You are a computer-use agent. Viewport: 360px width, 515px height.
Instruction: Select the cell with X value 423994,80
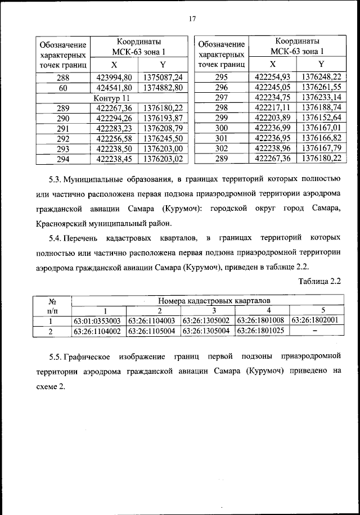click(x=114, y=78)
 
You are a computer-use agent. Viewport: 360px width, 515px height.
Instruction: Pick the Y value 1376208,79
click(x=163, y=128)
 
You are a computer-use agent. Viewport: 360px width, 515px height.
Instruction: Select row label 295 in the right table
click(x=221, y=78)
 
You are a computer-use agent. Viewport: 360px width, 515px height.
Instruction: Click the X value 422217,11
click(x=272, y=108)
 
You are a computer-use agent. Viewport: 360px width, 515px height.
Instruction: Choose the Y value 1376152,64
click(x=321, y=118)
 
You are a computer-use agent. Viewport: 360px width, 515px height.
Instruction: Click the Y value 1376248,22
click(x=321, y=78)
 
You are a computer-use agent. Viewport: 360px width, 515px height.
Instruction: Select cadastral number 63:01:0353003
click(x=99, y=321)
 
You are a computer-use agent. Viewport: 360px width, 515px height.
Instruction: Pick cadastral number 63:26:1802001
click(x=315, y=321)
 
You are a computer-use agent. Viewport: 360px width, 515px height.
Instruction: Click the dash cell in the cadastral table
click(x=315, y=331)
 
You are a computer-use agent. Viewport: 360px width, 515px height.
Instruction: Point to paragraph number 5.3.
click(x=55, y=180)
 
